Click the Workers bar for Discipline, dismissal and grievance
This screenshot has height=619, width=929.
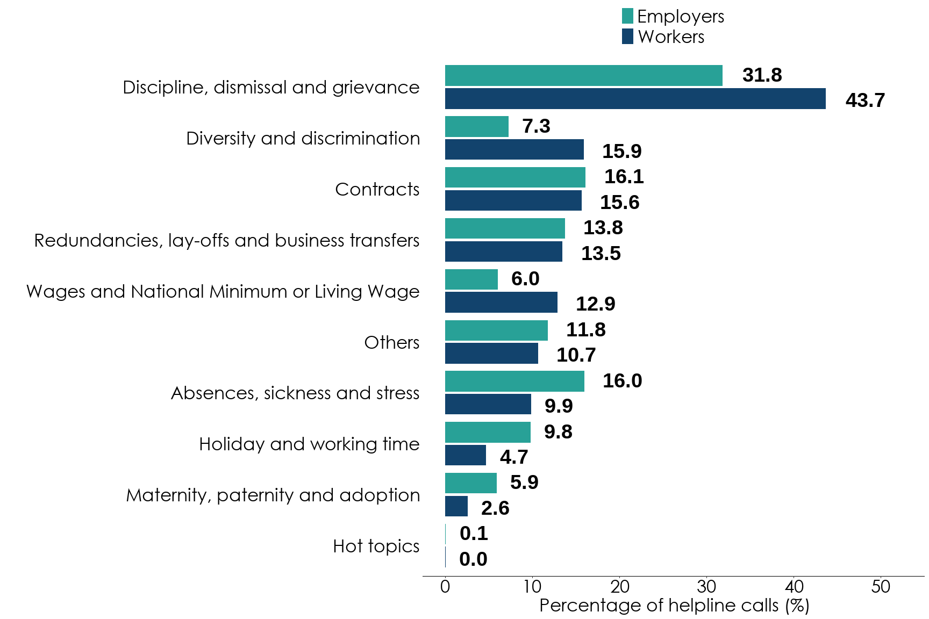click(635, 99)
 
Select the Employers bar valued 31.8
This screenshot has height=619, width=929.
click(583, 76)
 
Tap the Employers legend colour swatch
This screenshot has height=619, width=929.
click(627, 16)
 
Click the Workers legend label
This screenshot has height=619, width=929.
click(671, 37)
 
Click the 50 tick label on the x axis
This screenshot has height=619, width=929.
click(881, 586)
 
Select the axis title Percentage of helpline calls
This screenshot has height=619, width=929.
click(674, 606)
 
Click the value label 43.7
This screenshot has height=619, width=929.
click(864, 100)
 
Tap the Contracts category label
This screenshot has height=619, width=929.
click(377, 190)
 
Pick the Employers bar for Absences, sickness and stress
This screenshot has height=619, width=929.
click(514, 382)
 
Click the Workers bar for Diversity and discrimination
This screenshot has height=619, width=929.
click(514, 150)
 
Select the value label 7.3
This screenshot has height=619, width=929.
click(536, 126)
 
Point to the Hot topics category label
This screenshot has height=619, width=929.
click(376, 546)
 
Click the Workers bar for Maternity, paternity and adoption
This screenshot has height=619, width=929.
click(456, 506)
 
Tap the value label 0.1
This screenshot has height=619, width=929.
click(474, 534)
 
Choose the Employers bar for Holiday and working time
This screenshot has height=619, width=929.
click(488, 433)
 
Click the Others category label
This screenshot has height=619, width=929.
click(391, 343)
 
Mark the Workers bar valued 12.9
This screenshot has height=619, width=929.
click(501, 303)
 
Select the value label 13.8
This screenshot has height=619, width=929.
click(603, 228)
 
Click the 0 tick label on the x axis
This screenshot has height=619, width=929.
click(445, 586)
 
